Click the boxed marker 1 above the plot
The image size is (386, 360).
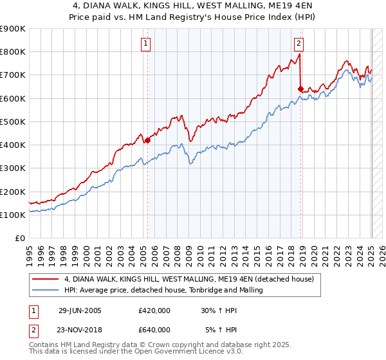(x=147, y=44)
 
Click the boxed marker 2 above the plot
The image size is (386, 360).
(x=299, y=44)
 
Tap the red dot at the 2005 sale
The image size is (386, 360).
(x=147, y=139)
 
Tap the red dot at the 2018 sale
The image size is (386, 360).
(x=300, y=88)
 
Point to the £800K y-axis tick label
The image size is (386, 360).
(x=13, y=51)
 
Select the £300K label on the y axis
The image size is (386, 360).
(x=13, y=168)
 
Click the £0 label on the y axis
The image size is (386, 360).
(x=19, y=238)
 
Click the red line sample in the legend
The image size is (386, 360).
(x=46, y=279)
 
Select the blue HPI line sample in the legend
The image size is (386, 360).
(x=46, y=290)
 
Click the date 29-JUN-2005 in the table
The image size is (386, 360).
(x=80, y=310)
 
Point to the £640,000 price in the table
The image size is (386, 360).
(x=154, y=329)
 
